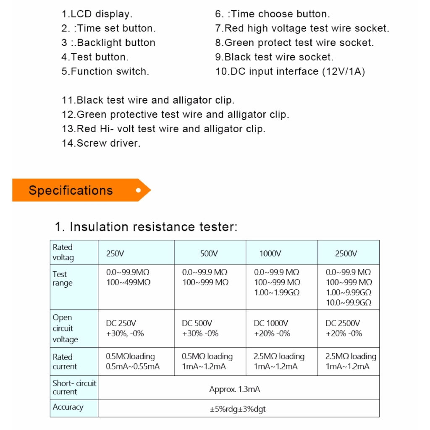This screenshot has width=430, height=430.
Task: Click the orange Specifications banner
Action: coord(80,190)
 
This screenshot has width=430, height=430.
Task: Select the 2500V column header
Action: coord(346,253)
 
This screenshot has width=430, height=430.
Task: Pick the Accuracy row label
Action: coord(68,407)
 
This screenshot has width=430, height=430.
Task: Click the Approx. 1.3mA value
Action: coord(234,389)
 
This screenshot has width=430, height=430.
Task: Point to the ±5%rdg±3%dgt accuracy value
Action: coord(238,409)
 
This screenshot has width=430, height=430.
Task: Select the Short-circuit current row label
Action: coord(74,387)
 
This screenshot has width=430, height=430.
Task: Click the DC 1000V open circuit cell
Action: coord(271,323)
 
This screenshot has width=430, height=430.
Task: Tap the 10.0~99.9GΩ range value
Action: coord(349,302)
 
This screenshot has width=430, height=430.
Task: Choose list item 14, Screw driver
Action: coord(101,143)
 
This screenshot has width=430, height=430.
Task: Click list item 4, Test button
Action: coord(95,57)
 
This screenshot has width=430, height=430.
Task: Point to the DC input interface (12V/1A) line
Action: coord(290,71)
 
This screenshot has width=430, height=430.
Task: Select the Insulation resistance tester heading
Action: coord(146,227)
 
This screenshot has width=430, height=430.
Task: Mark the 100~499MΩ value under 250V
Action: coord(128,282)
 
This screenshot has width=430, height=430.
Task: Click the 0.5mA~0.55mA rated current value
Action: coord(133,367)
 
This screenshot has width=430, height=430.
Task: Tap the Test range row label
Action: coord(63,278)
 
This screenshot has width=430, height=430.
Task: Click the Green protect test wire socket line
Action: coord(294,43)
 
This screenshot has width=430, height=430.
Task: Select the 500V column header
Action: coord(209,253)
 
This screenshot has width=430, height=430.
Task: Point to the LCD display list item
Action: coord(97,14)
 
